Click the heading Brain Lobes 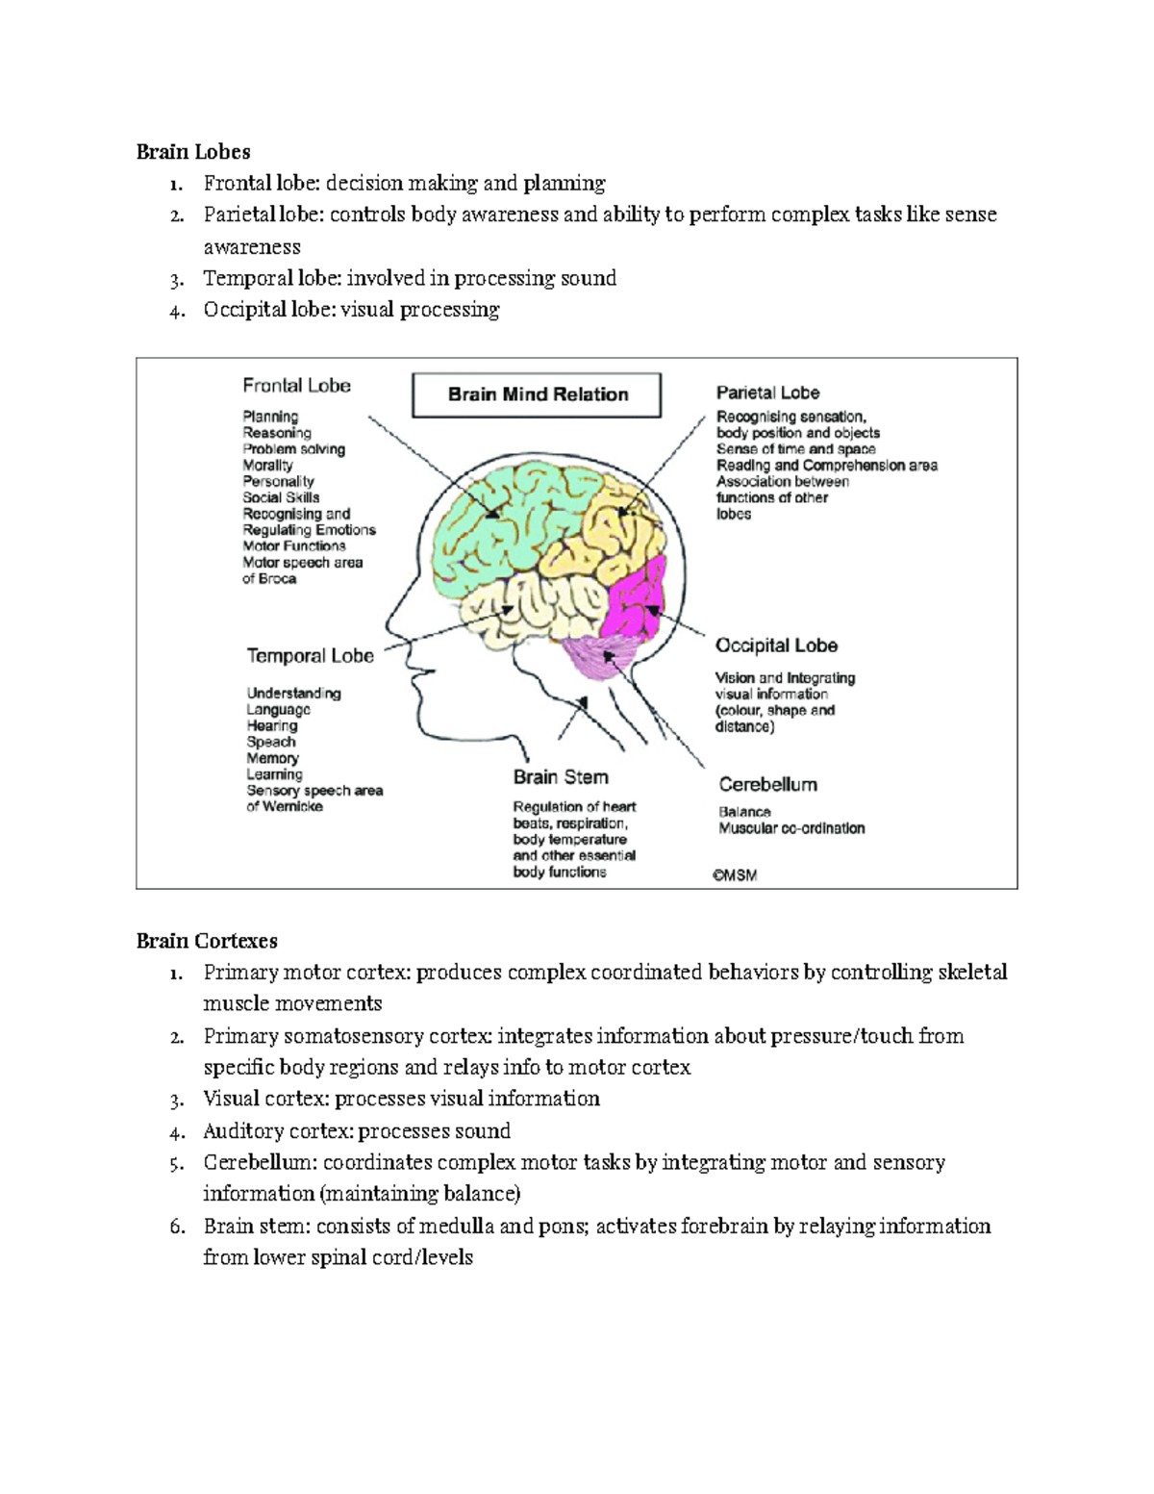(193, 152)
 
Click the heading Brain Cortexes (207, 941)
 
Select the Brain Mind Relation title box (537, 394)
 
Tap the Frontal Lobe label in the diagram (296, 386)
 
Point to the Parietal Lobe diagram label (767, 392)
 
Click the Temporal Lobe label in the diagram (310, 656)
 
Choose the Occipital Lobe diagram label (776, 646)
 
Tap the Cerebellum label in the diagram (767, 784)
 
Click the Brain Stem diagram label (560, 777)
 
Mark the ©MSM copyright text (735, 875)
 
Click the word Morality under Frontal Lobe (267, 466)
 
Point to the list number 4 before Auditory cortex (176, 1132)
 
